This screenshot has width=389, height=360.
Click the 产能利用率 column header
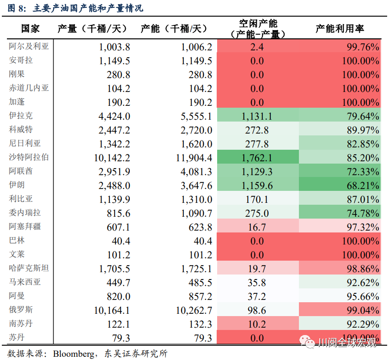pos(340,29)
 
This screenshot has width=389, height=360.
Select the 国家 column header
pos(31,29)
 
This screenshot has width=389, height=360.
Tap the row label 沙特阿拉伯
pos(29,157)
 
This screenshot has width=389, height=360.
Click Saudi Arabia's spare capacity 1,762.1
pos(257,158)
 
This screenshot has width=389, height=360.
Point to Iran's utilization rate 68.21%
pos(363,186)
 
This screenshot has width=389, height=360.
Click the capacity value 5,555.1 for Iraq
pos(194,116)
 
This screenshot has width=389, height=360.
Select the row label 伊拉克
pos(21,116)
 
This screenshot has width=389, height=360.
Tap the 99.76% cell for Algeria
pos(363,47)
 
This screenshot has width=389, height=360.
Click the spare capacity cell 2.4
pos(257,47)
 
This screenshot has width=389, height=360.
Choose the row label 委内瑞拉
pos(25,213)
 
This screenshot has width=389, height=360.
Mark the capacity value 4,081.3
pos(194,172)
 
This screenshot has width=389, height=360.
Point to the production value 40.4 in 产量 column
pos(121,241)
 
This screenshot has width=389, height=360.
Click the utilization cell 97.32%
pos(363,227)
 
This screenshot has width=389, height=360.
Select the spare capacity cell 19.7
pos(257,269)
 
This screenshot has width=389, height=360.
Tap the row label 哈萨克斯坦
pos(29,268)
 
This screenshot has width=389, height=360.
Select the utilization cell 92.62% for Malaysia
pos(363,283)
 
